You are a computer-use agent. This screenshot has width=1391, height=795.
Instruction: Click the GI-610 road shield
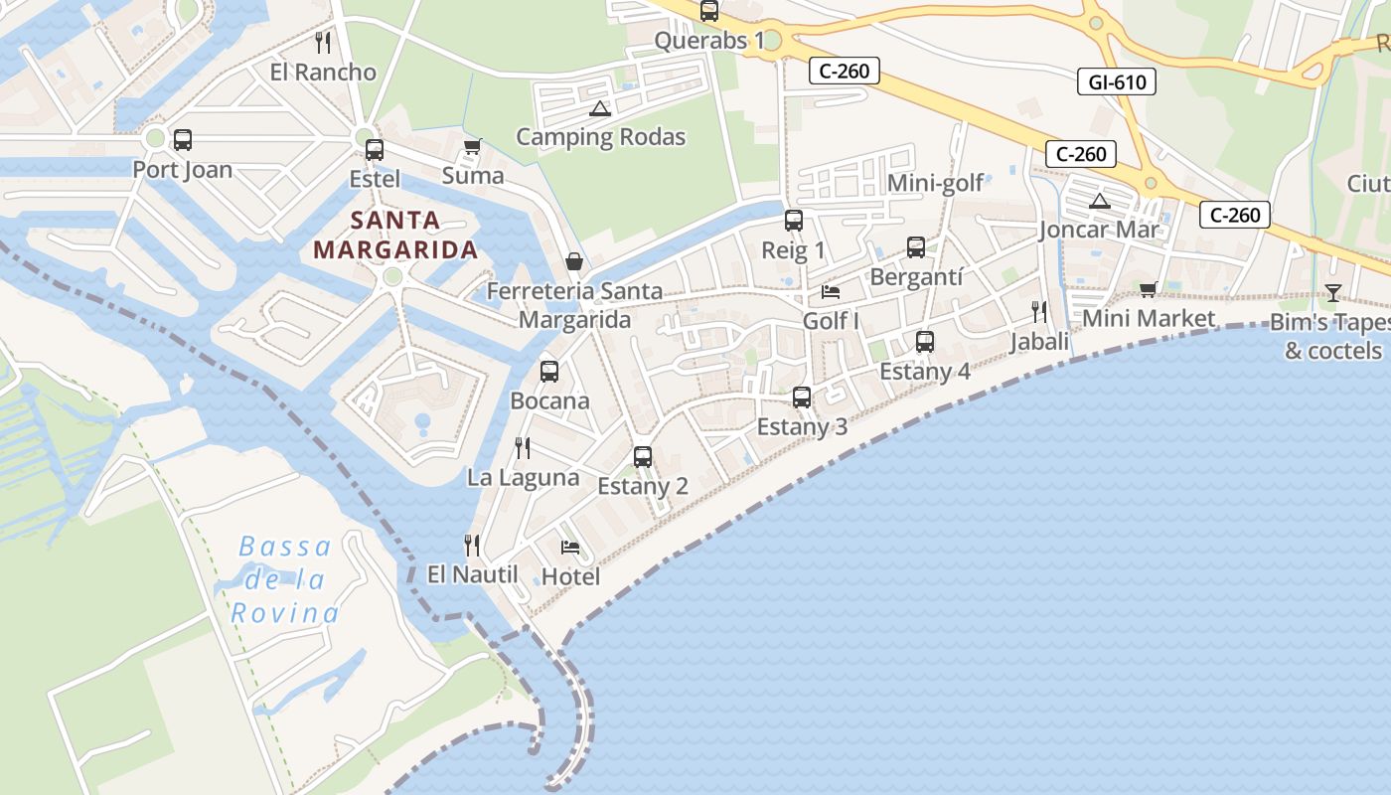tap(1117, 81)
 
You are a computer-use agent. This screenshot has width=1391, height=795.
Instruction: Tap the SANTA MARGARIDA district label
tap(396, 235)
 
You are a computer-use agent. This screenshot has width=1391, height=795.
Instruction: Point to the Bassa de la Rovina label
tap(286, 579)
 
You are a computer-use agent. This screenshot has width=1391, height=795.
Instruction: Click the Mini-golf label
tap(935, 183)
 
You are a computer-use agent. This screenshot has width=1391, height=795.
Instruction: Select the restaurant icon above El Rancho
tap(323, 43)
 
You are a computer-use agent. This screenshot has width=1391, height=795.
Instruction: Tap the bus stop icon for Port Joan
tap(183, 140)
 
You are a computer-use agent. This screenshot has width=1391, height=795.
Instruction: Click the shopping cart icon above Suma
tap(473, 147)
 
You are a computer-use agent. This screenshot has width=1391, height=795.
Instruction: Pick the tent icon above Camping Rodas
tap(598, 108)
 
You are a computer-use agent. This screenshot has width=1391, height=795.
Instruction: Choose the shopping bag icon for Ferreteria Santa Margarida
tap(574, 261)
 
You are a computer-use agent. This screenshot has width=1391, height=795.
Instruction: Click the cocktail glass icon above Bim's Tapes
tap(1332, 293)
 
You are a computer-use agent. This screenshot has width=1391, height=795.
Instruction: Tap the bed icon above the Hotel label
tap(570, 548)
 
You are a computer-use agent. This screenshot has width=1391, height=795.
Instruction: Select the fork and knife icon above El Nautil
tap(472, 545)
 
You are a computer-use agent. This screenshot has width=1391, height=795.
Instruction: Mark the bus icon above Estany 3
tap(802, 397)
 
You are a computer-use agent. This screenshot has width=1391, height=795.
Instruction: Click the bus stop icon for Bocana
tap(549, 372)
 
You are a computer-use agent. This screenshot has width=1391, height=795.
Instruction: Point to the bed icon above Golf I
tap(831, 292)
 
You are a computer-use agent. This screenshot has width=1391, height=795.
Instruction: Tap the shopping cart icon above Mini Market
tap(1149, 289)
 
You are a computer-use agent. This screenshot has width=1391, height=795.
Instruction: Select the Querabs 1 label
tap(709, 41)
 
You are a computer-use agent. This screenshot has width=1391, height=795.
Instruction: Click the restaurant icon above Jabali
tap(1039, 312)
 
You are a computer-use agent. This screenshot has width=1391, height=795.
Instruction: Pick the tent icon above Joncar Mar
tap(1099, 202)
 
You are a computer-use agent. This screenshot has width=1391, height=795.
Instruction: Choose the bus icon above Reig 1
tap(793, 221)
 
